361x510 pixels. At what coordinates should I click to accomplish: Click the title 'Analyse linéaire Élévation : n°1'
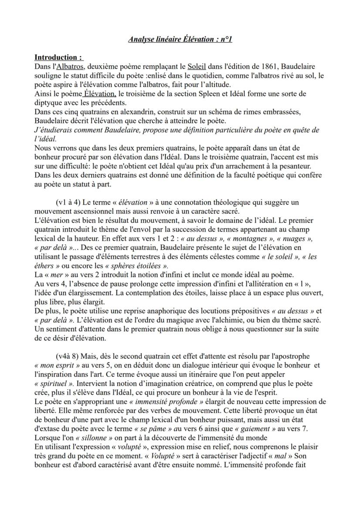point(180,40)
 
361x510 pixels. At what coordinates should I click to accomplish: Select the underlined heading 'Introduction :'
point(58,57)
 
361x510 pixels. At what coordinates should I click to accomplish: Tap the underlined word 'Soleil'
point(197,66)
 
